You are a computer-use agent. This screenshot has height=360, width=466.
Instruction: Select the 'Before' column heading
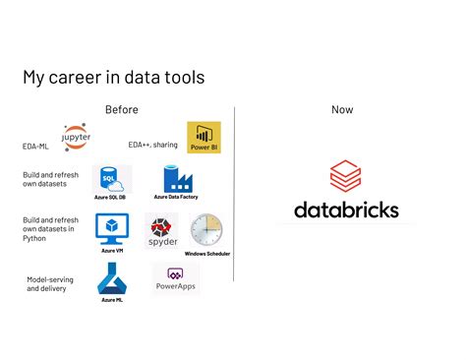[122, 109]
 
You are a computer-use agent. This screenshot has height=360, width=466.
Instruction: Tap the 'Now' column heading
[342, 109]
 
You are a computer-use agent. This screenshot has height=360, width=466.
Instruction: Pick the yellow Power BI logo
[204, 137]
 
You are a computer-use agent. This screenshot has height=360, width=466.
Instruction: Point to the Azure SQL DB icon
[111, 178]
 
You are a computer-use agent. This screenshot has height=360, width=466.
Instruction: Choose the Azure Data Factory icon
[176, 178]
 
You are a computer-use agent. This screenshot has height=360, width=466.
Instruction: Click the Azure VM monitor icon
[111, 228]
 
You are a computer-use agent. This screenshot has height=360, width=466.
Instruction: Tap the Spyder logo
[161, 231]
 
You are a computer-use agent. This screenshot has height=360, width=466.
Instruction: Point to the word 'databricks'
[346, 210]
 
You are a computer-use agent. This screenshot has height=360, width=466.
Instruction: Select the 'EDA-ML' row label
[36, 146]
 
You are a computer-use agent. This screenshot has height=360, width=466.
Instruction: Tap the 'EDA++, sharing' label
[152, 145]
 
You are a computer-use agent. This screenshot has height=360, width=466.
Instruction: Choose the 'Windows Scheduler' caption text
[207, 254]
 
